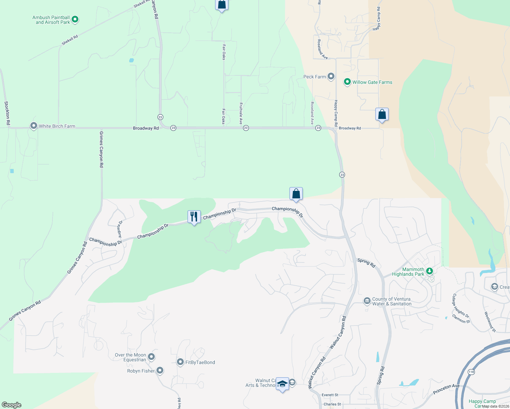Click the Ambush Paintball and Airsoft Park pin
[x=75, y=19]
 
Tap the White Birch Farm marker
[x=34, y=126]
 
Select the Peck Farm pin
[x=331, y=76]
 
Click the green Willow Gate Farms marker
[x=347, y=82]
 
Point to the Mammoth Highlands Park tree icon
[x=430, y=271]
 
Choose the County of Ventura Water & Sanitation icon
[x=367, y=301]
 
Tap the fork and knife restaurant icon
[x=194, y=217]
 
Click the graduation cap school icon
[x=282, y=384]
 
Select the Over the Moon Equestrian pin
[x=151, y=357]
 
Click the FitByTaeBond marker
[x=180, y=362]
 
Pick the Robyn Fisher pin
[x=160, y=370]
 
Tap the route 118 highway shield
[x=471, y=372]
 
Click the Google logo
[x=11, y=405]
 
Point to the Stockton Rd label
[x=7, y=113]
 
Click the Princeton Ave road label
[x=446, y=389]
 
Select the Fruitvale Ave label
[x=241, y=113]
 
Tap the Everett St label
[x=330, y=395]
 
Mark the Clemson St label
[x=461, y=319]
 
